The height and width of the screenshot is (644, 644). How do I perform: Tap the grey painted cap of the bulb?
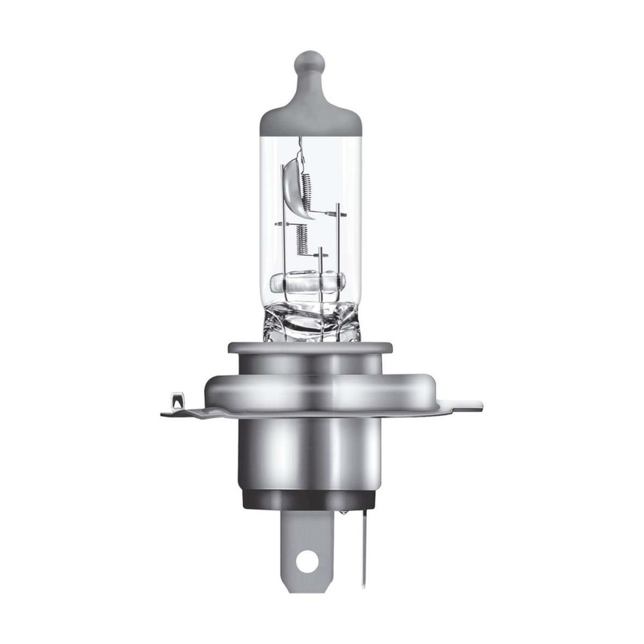coord(310,117)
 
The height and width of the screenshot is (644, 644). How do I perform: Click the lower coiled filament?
coord(302,238)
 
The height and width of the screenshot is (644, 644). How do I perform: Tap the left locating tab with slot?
coord(176,402)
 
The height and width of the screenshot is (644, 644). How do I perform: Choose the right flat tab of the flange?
coord(463,405)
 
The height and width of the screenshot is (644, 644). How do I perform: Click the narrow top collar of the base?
coord(309,348)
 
